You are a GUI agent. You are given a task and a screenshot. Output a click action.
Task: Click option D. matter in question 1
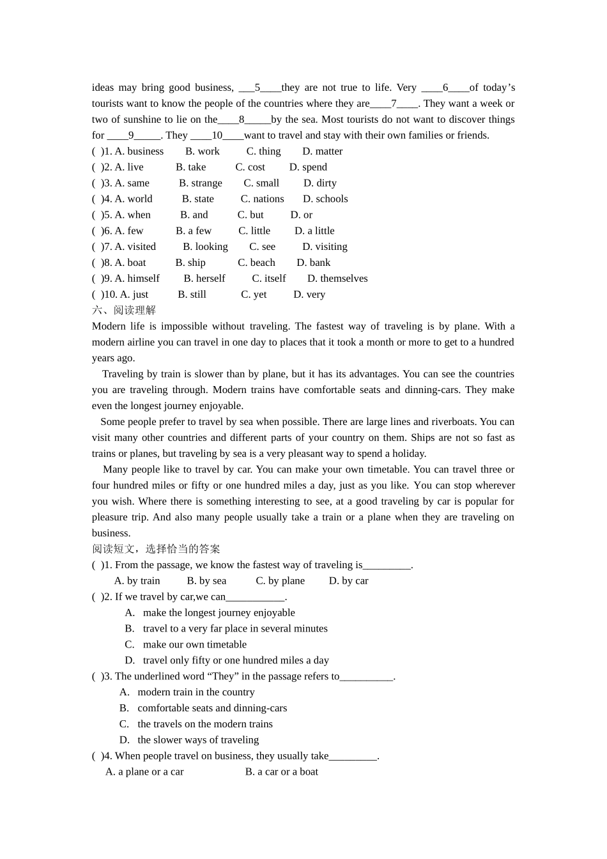click(322, 151)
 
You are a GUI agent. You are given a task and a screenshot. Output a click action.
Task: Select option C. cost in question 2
click(250, 167)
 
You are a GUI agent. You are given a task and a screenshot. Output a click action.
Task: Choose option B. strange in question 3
click(201, 183)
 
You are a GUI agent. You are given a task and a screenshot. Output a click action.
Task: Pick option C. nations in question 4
click(262, 199)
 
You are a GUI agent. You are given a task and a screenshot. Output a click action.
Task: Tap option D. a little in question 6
click(314, 231)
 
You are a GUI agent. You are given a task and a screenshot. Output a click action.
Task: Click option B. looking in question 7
click(205, 247)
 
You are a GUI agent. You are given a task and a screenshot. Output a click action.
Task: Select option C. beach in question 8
click(256, 263)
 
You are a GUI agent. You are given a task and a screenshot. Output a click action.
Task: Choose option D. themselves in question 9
click(337, 279)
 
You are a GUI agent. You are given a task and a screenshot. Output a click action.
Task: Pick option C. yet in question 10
click(254, 295)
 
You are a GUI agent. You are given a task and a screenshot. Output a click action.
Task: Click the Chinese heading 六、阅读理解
click(124, 311)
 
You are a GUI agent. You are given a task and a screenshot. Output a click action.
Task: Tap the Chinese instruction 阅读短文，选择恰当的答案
click(156, 549)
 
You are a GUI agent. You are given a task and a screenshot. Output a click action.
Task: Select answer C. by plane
click(280, 581)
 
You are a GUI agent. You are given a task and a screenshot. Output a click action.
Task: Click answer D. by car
click(348, 581)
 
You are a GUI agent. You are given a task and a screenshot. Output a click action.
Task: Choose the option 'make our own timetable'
click(194, 645)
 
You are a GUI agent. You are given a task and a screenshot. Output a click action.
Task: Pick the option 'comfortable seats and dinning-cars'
click(212, 708)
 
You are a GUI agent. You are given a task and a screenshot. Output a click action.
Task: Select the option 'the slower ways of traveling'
click(198, 740)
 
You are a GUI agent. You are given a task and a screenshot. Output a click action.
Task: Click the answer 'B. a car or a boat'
click(281, 772)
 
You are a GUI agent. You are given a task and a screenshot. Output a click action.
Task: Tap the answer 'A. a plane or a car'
click(144, 772)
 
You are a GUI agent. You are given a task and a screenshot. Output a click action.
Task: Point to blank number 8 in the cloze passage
click(242, 120)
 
